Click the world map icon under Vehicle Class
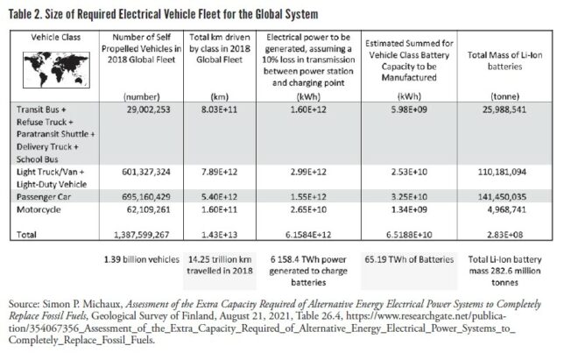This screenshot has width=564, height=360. pos(56,70)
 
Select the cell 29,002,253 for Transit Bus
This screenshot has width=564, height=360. pos(148,109)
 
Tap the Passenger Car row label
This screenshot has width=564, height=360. pos(44,197)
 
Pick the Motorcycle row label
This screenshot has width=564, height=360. pos(39,209)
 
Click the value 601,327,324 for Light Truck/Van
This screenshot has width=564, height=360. pos(146,172)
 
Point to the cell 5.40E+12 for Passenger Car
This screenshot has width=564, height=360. pos(220,197)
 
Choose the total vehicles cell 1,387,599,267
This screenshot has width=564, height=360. pos(142,235)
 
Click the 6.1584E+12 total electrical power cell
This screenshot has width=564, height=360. pos(308,235)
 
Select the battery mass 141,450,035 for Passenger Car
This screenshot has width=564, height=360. pos(502,197)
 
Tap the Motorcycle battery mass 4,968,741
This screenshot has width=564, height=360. pos(507,209)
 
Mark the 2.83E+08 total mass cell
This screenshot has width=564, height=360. pos(504,235)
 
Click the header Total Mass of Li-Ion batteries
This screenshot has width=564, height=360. pos(504,60)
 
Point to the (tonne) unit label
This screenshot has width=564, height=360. pos(505,96)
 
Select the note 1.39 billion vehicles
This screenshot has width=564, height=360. pos(142,259)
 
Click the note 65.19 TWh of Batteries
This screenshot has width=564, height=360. pos(409,259)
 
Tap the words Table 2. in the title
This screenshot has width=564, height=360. pos(25,14)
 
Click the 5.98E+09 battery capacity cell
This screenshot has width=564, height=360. pos(409,109)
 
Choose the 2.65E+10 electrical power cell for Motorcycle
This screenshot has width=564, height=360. pos(308,209)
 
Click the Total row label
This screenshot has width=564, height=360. pos(26,235)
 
